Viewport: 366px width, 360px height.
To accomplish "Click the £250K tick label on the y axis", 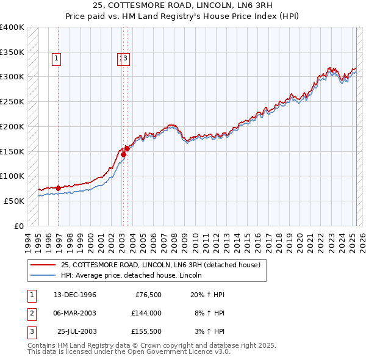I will point(12,101).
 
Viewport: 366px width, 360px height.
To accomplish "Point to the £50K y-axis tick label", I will point(14,201).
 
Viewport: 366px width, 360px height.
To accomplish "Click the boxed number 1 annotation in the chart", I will point(56,59).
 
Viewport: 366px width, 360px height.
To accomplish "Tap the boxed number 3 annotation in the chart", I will point(125,59).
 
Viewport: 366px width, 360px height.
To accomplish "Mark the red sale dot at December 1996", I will point(59,188).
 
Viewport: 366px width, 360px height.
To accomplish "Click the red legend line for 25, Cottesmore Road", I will point(43,265).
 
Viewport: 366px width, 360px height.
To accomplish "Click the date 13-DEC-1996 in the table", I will point(75,295).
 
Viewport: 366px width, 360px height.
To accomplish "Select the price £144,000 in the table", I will point(146,313).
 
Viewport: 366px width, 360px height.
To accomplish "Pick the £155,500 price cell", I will point(146,331).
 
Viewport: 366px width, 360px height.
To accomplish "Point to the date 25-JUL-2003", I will point(76,331).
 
